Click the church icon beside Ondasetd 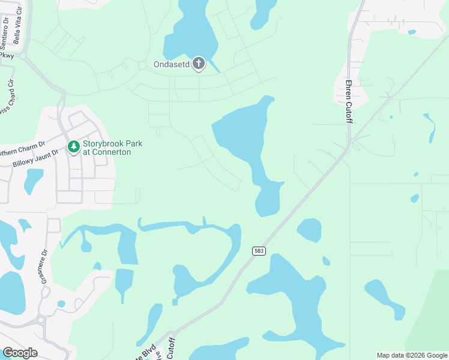198,64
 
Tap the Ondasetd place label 171,64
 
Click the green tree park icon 73,146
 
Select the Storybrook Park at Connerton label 106,148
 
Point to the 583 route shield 259,251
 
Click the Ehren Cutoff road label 348,101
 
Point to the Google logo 20,352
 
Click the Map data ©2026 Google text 412,355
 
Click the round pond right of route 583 309,230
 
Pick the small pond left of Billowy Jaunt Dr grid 34,181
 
